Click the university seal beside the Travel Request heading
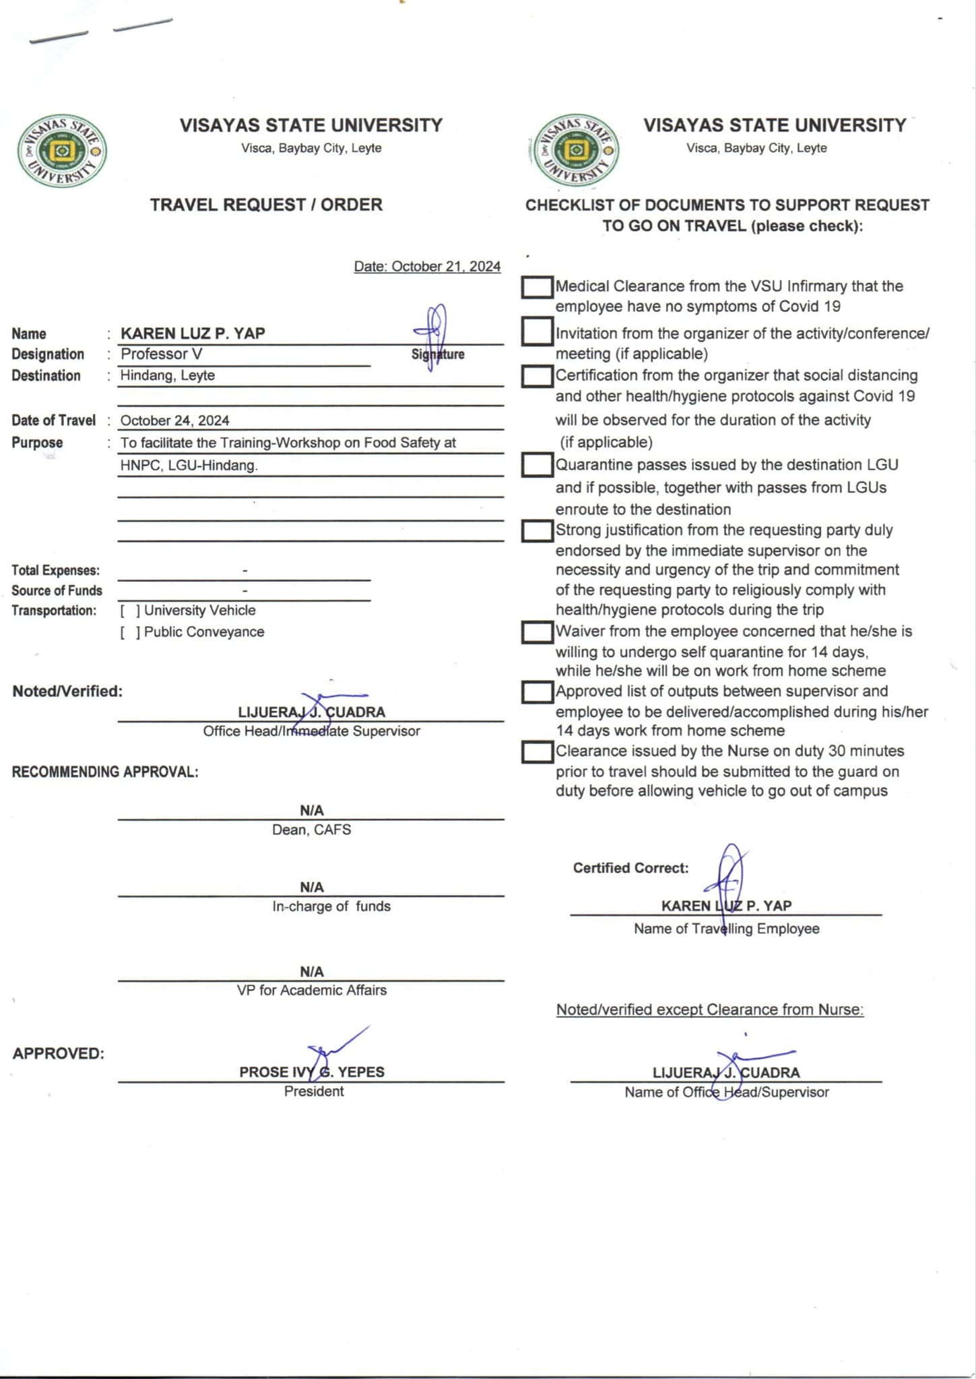pyautogui.click(x=61, y=151)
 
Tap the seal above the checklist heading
pyautogui.click(x=576, y=151)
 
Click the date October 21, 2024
pyautogui.click(x=427, y=267)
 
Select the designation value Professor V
pyautogui.click(x=161, y=354)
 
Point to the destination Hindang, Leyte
pyautogui.click(x=167, y=376)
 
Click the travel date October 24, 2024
pyautogui.click(x=174, y=421)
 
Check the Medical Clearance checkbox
pyautogui.click(x=537, y=287)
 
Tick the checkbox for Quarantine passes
pyautogui.click(x=537, y=465)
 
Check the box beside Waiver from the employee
pyautogui.click(x=537, y=632)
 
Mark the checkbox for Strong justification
pyautogui.click(x=537, y=531)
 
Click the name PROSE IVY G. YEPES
pyautogui.click(x=312, y=1072)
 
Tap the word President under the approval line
pyautogui.click(x=313, y=1091)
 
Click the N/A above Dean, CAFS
pyautogui.click(x=311, y=811)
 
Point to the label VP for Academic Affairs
pyautogui.click(x=311, y=990)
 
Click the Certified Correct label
pyautogui.click(x=630, y=869)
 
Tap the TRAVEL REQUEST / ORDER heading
pyautogui.click(x=266, y=205)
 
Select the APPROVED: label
pyautogui.click(x=58, y=1054)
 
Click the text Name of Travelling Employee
pyautogui.click(x=726, y=929)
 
